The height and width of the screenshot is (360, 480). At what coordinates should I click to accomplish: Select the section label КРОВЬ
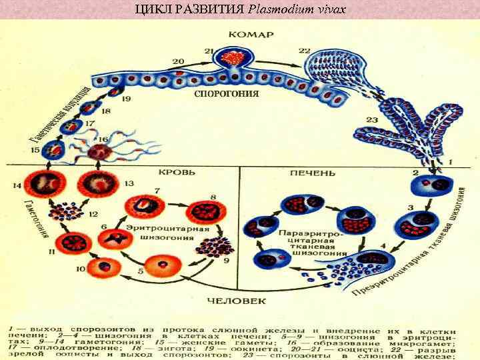coord(178,171)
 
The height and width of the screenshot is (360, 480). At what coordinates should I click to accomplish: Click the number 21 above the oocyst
coord(209,51)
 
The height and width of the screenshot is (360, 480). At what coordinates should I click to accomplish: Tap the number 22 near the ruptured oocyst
coord(305,51)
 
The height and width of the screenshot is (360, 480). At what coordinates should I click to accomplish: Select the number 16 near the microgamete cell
coord(102,139)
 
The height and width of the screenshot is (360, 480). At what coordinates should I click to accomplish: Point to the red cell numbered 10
coord(101,267)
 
